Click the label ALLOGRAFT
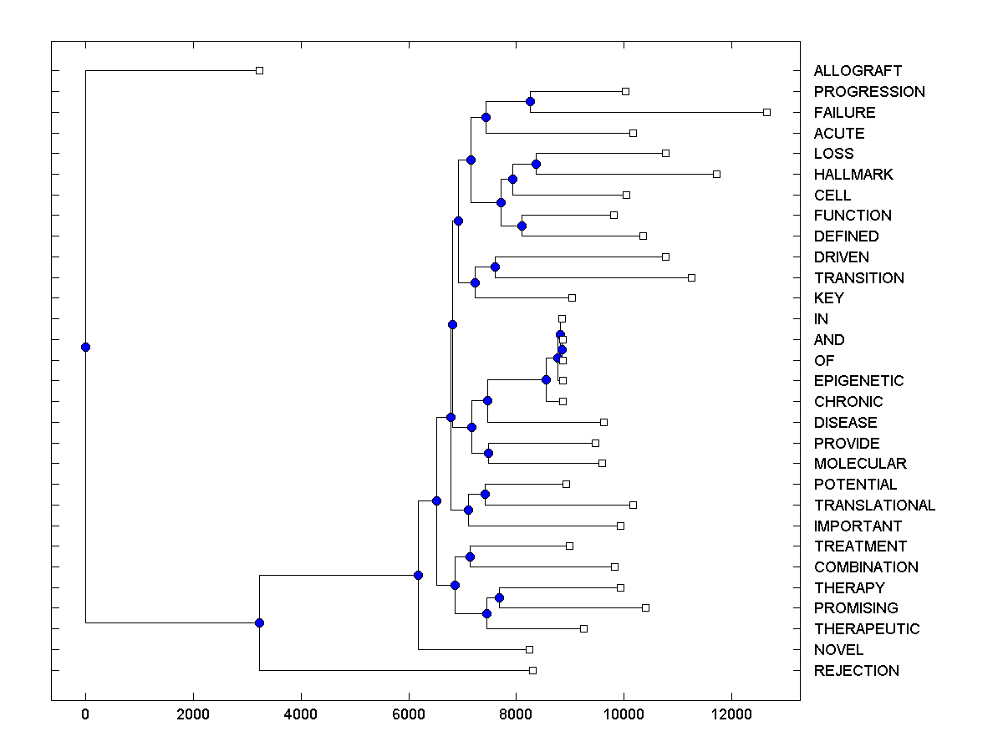coord(858,71)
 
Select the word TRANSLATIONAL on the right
coord(874,505)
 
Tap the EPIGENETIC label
coord(858,381)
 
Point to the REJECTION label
coord(856,670)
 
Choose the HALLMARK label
coord(853,175)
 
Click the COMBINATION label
coord(865,567)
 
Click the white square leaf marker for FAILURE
coord(766,112)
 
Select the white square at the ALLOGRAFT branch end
coord(259,70)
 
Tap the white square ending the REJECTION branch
coord(532,670)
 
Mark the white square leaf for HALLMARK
coord(716,174)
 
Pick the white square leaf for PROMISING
coord(645,607)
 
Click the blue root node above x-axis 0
coord(85,347)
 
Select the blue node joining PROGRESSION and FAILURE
coord(530,101)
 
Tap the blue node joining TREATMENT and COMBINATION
coord(470,556)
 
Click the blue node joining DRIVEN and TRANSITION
coord(495,267)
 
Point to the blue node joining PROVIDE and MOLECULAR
coord(489,453)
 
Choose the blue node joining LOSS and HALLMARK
coord(536,164)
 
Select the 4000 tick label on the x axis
coord(300,714)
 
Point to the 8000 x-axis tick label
coord(516,714)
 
